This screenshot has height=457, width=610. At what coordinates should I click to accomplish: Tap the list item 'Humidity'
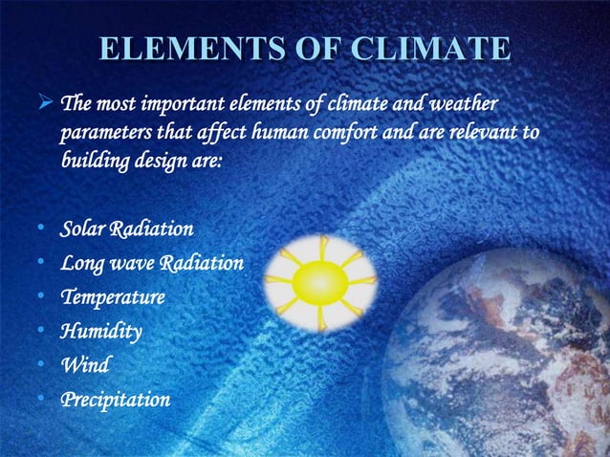100,332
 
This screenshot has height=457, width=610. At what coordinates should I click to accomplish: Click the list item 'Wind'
84,364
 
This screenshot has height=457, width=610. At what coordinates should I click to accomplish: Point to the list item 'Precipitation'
115,399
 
